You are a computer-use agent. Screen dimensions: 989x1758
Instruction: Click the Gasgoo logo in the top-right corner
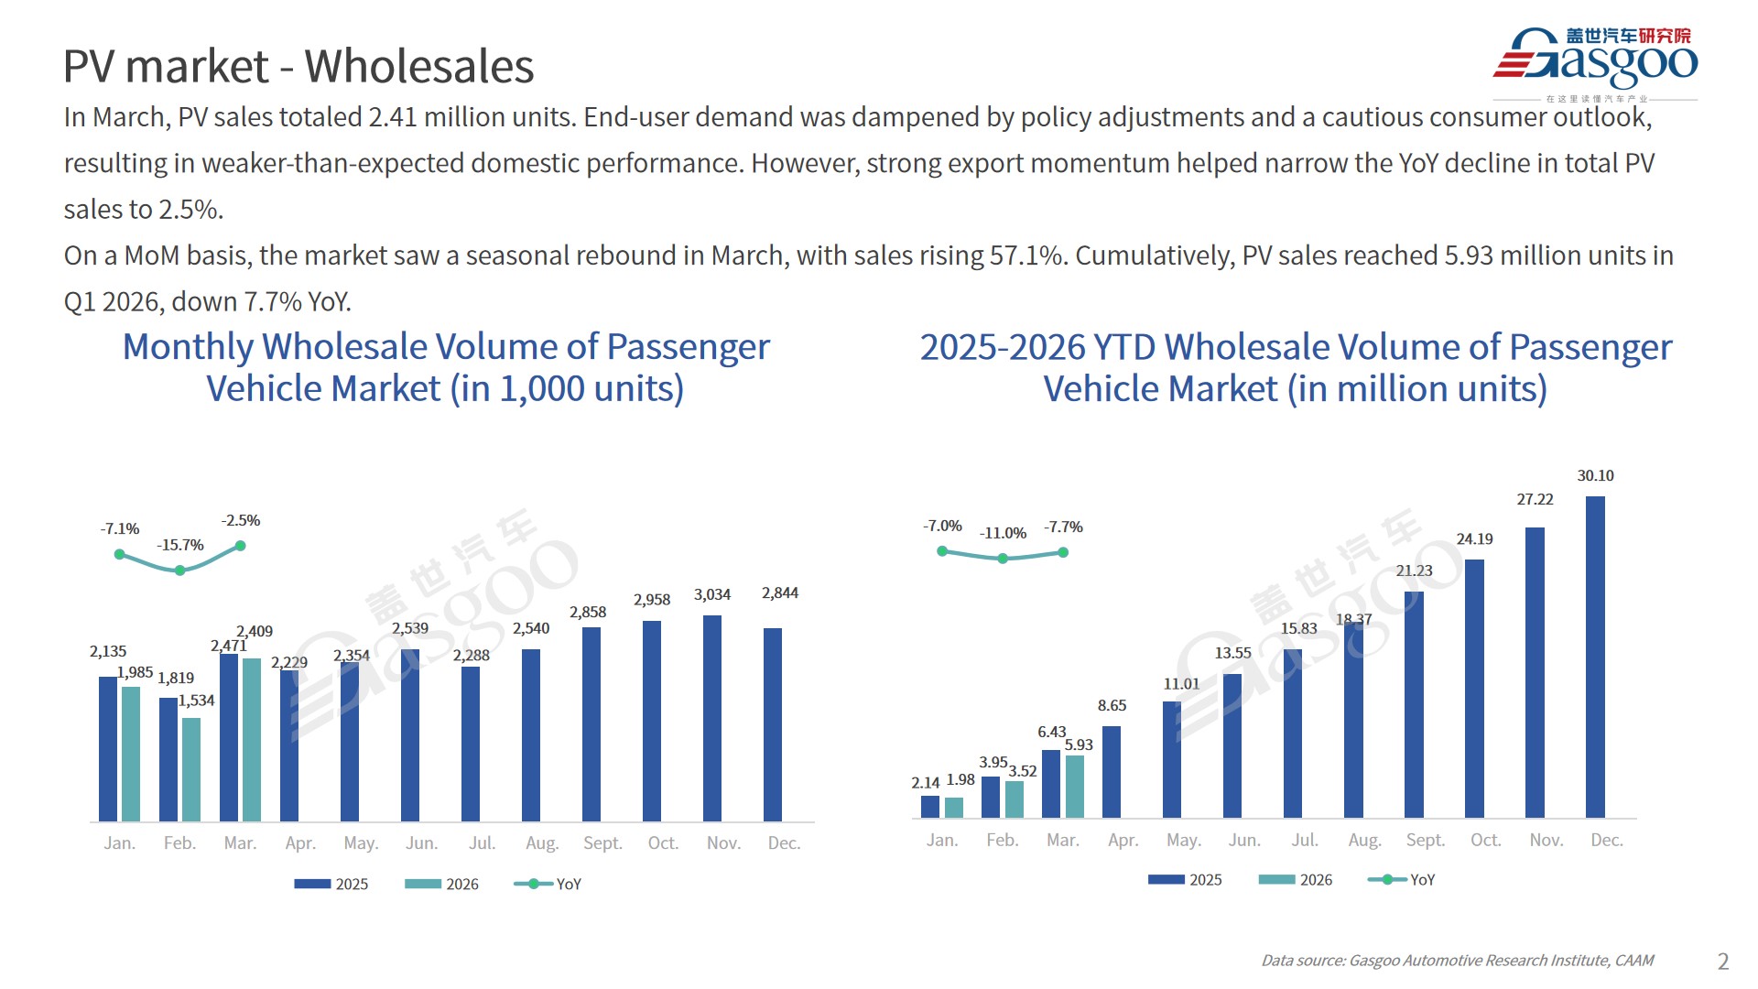(1595, 61)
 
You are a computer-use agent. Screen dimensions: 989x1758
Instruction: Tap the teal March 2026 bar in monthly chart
(252, 739)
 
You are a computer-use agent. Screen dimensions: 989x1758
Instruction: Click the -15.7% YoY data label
(180, 545)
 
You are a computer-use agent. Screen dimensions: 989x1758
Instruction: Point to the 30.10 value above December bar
(1595, 475)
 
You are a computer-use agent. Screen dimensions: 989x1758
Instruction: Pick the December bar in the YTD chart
(1595, 657)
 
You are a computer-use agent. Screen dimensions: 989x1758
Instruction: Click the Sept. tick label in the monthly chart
(602, 842)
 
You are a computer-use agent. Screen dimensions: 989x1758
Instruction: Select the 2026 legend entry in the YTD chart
(1297, 880)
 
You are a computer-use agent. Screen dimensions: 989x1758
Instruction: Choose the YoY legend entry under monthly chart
(549, 884)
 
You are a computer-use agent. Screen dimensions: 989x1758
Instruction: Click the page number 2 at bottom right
(1722, 962)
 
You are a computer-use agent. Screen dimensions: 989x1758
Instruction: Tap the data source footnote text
(1457, 961)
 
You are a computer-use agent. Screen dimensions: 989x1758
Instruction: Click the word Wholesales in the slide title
(418, 67)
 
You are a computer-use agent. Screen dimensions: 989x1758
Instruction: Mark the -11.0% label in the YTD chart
(1003, 533)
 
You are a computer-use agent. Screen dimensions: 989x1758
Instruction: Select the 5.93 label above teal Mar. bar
(1079, 744)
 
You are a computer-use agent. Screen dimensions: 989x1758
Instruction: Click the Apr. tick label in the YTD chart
(1123, 840)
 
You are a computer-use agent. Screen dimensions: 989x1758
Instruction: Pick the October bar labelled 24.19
(1474, 688)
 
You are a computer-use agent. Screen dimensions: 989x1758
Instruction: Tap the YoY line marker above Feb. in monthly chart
(180, 571)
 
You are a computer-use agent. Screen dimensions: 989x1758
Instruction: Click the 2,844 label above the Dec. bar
(780, 593)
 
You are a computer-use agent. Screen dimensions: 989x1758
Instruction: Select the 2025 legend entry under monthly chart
(332, 884)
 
